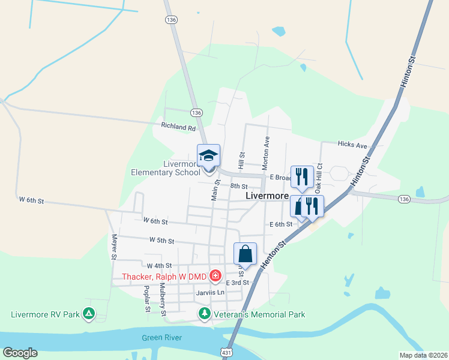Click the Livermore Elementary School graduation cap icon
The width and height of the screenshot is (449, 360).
(x=209, y=156)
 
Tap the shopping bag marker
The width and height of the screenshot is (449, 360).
(x=245, y=253)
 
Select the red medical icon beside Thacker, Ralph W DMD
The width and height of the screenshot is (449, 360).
(x=215, y=277)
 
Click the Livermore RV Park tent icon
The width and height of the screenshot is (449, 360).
(x=89, y=313)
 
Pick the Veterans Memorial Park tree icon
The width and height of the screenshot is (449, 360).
(x=205, y=314)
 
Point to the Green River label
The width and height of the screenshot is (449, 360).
(x=161, y=338)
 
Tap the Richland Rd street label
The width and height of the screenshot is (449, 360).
(x=178, y=127)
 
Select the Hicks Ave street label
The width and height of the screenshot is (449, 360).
(x=352, y=145)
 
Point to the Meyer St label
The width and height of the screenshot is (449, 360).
(x=113, y=246)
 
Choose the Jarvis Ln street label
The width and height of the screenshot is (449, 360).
(x=209, y=293)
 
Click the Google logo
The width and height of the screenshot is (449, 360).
(x=20, y=353)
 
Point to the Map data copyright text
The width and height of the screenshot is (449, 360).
(x=422, y=355)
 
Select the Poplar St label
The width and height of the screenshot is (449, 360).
(x=146, y=299)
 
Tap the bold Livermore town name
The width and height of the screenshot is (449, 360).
(x=268, y=196)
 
